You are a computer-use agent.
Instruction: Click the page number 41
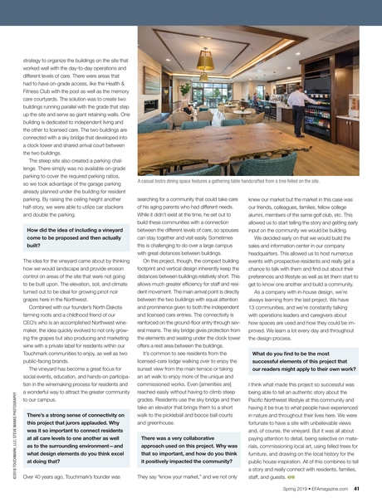pyautogui.click(x=355, y=489)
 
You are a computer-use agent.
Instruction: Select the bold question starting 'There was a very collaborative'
pyautogui.click(x=180, y=449)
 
